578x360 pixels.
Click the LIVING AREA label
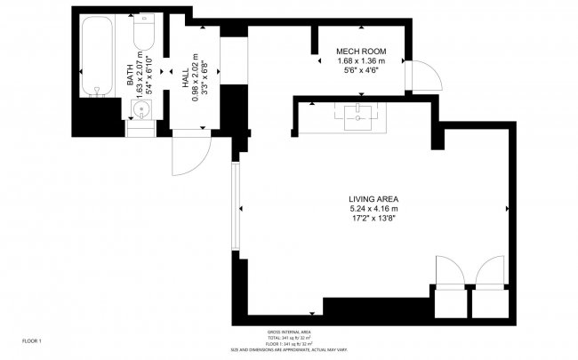(373, 198)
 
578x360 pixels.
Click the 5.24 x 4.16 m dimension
(373, 208)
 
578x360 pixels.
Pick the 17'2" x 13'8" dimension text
(373, 218)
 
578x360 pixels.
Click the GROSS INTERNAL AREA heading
(289, 332)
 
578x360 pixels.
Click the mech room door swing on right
(423, 76)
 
